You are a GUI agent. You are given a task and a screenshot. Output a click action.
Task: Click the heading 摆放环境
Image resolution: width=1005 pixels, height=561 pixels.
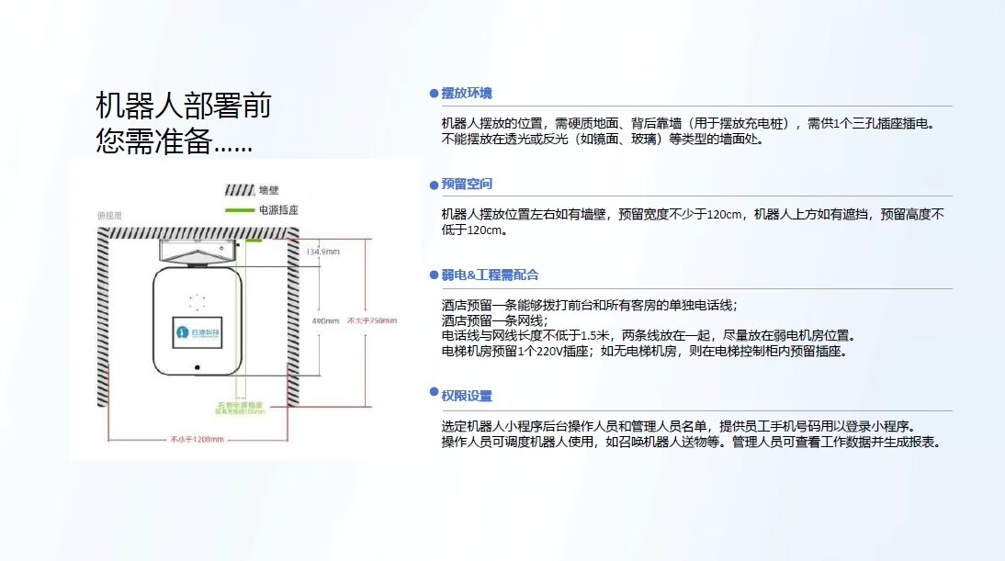pos(467,94)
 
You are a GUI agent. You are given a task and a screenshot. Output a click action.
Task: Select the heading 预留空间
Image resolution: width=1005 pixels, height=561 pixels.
pos(467,185)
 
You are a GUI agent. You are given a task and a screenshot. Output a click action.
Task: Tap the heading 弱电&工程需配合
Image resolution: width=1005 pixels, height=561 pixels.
pos(490,275)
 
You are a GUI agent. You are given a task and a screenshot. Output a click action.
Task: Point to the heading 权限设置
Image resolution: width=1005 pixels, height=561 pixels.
pos(467,396)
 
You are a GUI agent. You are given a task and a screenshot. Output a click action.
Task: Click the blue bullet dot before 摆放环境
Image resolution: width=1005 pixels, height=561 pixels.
pos(434,95)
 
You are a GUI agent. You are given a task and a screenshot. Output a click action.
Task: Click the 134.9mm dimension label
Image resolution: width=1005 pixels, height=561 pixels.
pos(322,252)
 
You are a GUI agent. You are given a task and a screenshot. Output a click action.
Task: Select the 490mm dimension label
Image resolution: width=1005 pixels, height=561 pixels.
pos(325,321)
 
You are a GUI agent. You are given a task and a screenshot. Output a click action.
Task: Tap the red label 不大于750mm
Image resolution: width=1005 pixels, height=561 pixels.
pos(371,320)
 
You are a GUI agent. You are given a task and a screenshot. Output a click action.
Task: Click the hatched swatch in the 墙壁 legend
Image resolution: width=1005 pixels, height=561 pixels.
pos(239,190)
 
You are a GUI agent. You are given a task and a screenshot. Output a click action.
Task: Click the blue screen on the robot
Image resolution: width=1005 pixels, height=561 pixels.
pos(197,333)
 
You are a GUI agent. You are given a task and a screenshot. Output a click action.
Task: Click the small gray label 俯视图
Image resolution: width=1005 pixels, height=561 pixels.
pos(109,217)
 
